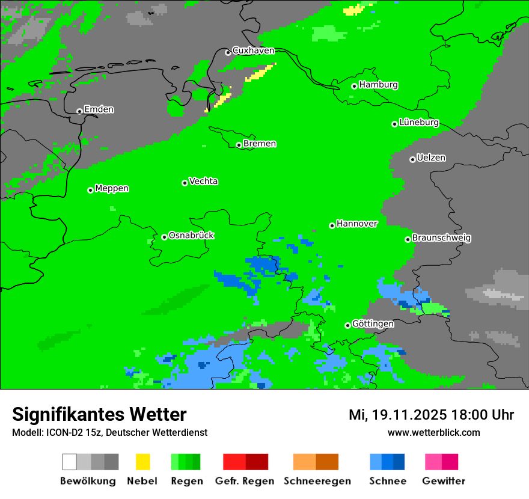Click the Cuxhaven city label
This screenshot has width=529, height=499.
(x=253, y=51)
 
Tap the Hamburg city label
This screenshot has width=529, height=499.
(x=378, y=85)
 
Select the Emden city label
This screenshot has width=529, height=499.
(x=99, y=109)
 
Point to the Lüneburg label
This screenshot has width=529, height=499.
(x=418, y=123)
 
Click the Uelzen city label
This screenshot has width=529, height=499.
(x=431, y=158)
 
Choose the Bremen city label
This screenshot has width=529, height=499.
(x=259, y=144)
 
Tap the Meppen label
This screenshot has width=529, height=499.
(x=112, y=189)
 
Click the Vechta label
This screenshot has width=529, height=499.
(x=203, y=182)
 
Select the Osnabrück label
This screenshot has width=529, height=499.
(x=191, y=236)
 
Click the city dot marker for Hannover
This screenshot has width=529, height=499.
(x=332, y=225)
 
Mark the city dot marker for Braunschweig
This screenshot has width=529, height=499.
(x=408, y=239)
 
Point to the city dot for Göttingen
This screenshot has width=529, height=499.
(x=347, y=325)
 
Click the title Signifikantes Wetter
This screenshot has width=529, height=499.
(x=99, y=414)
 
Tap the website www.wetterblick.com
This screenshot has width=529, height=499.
(x=433, y=432)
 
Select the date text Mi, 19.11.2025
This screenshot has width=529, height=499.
(x=397, y=415)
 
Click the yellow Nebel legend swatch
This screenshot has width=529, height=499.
(x=142, y=462)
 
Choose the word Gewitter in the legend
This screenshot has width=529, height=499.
(x=443, y=481)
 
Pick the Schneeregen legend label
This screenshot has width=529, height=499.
(x=317, y=481)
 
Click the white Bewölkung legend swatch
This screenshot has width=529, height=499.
(x=69, y=462)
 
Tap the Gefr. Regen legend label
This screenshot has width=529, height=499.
(x=245, y=481)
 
